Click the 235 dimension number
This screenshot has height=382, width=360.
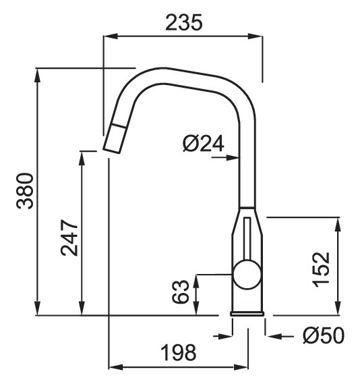click(x=184, y=23)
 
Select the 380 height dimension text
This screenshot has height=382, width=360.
click(x=25, y=191)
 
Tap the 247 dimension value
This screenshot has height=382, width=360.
click(x=69, y=238)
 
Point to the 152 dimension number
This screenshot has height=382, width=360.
click(x=321, y=269)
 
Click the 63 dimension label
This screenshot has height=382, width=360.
click(x=181, y=292)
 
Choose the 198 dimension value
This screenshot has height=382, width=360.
click(x=179, y=352)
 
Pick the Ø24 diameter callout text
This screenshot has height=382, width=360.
click(x=203, y=144)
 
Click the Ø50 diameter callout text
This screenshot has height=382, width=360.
click(x=324, y=336)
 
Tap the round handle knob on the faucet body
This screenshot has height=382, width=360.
click(x=247, y=275)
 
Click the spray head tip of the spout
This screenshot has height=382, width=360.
click(x=114, y=138)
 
